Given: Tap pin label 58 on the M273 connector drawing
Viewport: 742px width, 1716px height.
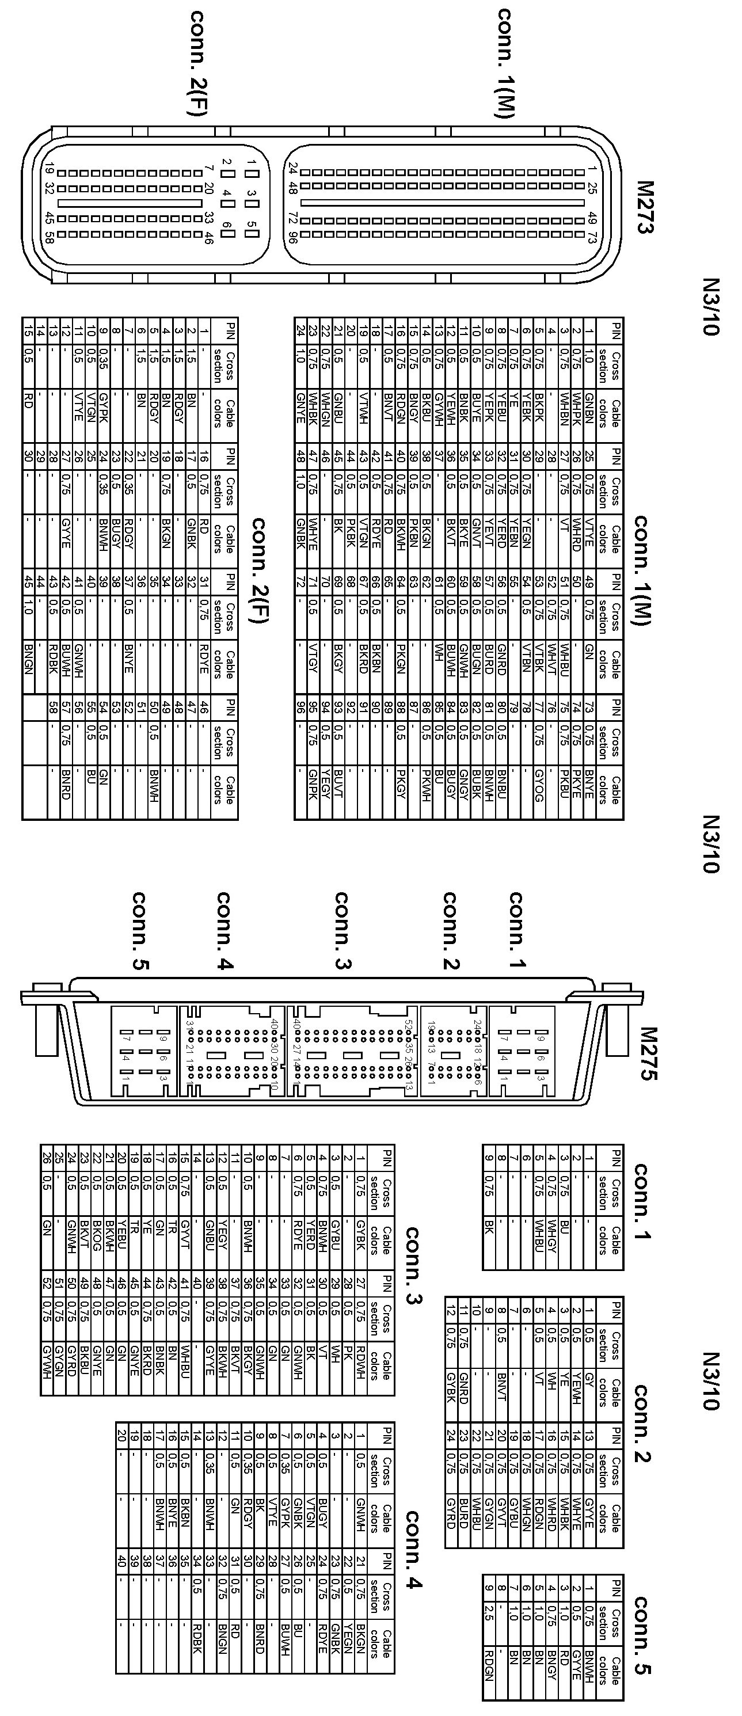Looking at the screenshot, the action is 48,237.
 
